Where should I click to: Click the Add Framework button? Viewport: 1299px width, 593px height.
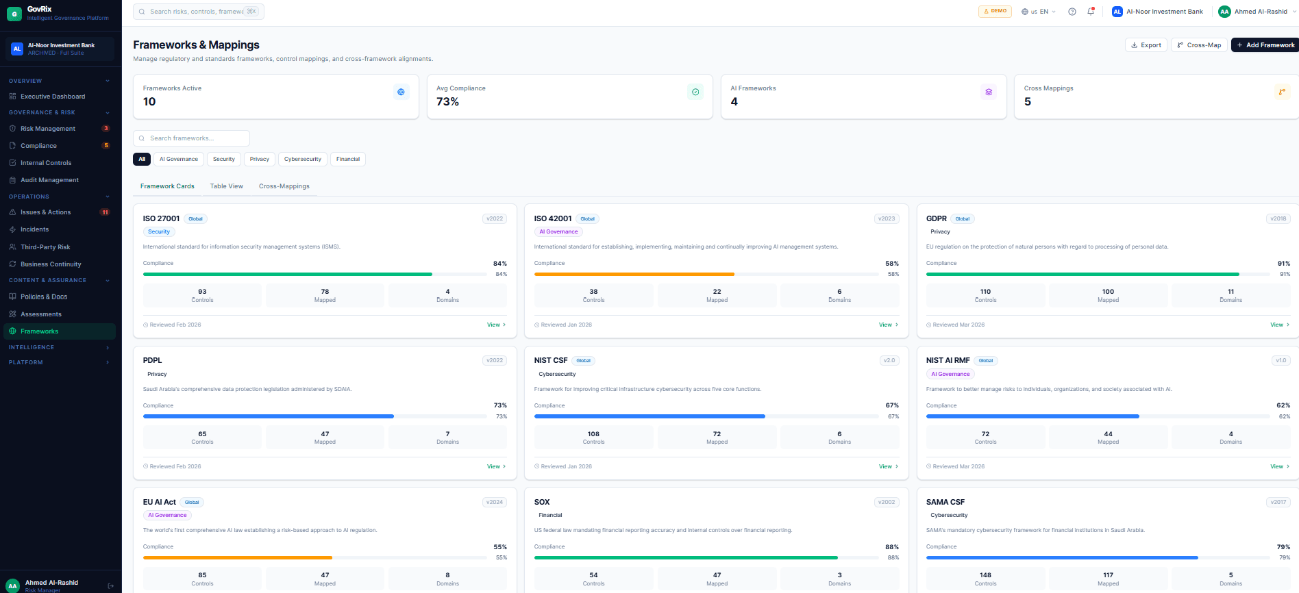coord(1265,45)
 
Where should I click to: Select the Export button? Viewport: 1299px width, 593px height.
coord(1146,45)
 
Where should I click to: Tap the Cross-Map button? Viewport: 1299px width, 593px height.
coord(1199,45)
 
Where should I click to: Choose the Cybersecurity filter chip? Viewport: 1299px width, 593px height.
coord(302,159)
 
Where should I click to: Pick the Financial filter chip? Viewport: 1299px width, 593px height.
coord(347,159)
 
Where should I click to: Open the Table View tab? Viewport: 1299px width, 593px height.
coord(226,186)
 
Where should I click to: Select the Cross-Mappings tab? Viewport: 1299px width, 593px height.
coord(284,186)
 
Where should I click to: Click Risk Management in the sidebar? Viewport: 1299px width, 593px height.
coord(48,129)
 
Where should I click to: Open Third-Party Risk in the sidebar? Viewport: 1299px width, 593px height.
coord(45,247)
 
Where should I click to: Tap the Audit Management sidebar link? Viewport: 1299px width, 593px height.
coord(49,180)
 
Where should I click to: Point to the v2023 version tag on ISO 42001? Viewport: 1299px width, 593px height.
coord(887,219)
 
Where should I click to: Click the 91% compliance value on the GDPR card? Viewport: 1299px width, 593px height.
coord(1283,264)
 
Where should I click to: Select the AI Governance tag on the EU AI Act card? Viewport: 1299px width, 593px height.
coord(167,516)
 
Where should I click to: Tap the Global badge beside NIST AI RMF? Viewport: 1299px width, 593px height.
coord(986,361)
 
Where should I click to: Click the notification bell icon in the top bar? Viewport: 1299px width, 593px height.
coord(1091,12)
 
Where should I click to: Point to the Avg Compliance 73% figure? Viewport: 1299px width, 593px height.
coord(448,102)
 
